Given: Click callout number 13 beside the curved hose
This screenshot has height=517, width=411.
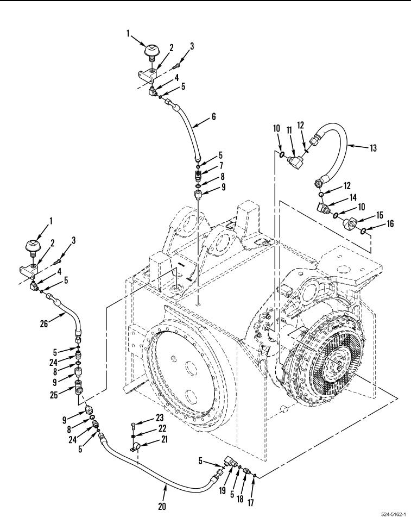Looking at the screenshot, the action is click(x=373, y=148).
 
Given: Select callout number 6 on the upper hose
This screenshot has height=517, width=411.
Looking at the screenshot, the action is click(x=214, y=116).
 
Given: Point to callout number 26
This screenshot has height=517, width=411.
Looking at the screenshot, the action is click(x=44, y=324).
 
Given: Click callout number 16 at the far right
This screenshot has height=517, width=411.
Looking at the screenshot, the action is click(x=390, y=224).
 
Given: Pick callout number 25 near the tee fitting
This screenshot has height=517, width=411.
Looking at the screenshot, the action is click(x=54, y=395).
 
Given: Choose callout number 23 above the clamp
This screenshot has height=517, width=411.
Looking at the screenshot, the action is click(x=160, y=418).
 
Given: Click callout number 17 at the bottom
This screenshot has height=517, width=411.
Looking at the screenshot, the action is click(x=250, y=502).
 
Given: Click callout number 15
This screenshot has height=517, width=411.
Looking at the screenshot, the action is click(x=380, y=215).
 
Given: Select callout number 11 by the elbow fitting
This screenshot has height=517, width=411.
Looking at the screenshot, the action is click(x=289, y=130).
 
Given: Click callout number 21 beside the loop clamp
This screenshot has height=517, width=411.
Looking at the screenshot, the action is click(x=163, y=439).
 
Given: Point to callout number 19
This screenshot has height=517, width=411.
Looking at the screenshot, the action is click(x=222, y=490).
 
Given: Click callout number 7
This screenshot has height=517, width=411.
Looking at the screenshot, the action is click(x=222, y=165).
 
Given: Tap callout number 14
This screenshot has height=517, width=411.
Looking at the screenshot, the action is click(x=353, y=197).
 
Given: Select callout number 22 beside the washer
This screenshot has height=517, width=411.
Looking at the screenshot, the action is click(x=162, y=428).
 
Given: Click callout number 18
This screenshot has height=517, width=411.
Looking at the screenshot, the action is click(x=240, y=499).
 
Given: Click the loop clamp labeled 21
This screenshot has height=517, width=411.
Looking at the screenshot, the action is click(x=135, y=447).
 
